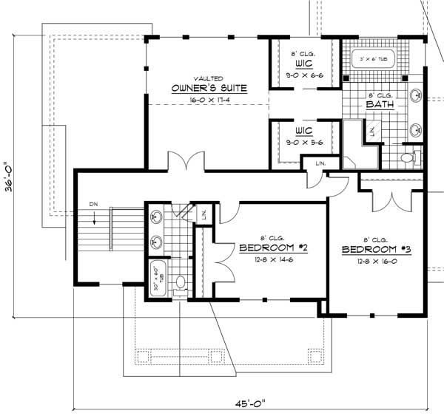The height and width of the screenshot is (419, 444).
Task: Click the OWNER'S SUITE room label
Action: [208, 88]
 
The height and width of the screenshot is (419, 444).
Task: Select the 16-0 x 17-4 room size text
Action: [208, 98]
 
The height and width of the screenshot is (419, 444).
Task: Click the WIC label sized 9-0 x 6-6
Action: [300, 64]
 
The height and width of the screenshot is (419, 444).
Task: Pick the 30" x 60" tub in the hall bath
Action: [158, 278]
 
